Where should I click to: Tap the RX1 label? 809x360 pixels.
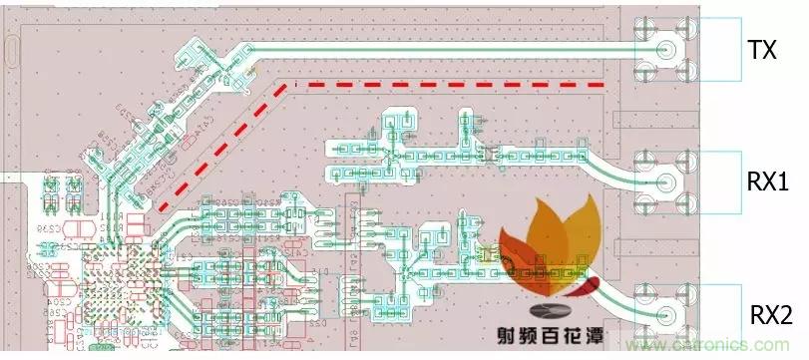click(x=767, y=182)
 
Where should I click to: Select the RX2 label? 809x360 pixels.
click(x=769, y=316)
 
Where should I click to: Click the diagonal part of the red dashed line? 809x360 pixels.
click(x=219, y=145)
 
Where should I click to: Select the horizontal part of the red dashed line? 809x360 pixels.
click(x=449, y=85)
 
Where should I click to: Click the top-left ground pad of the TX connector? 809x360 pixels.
click(x=645, y=26)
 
